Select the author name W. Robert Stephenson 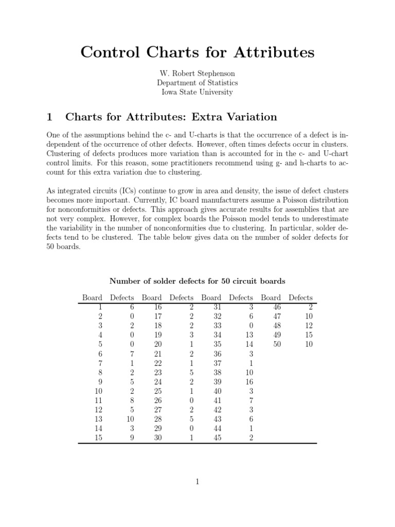197,74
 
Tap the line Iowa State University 197,93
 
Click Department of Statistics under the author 197,83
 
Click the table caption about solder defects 197,281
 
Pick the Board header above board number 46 271,297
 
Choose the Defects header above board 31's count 241,297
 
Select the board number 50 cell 277,344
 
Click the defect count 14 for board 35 248,344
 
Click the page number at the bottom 197,482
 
